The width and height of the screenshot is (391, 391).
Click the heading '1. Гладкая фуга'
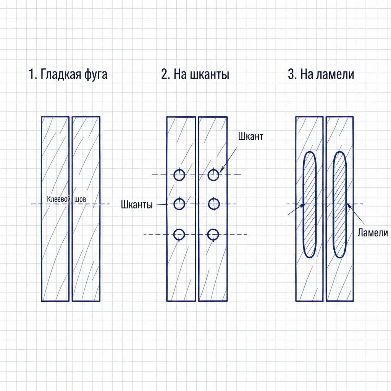click(68, 74)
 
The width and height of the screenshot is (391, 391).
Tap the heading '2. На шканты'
click(195, 74)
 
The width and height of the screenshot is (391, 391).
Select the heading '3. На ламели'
click(321, 74)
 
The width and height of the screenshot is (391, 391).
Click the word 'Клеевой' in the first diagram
click(57, 199)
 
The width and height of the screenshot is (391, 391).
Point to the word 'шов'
click(80, 199)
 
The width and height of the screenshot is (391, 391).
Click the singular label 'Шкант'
click(250, 136)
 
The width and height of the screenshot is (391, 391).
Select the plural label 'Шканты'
click(137, 205)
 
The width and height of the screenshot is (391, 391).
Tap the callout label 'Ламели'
click(373, 233)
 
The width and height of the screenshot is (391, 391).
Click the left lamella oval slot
click(303, 205)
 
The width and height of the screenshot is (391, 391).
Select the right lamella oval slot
click(334, 205)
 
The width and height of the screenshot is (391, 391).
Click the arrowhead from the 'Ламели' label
click(349, 206)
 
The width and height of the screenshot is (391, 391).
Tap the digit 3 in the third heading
click(291, 74)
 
